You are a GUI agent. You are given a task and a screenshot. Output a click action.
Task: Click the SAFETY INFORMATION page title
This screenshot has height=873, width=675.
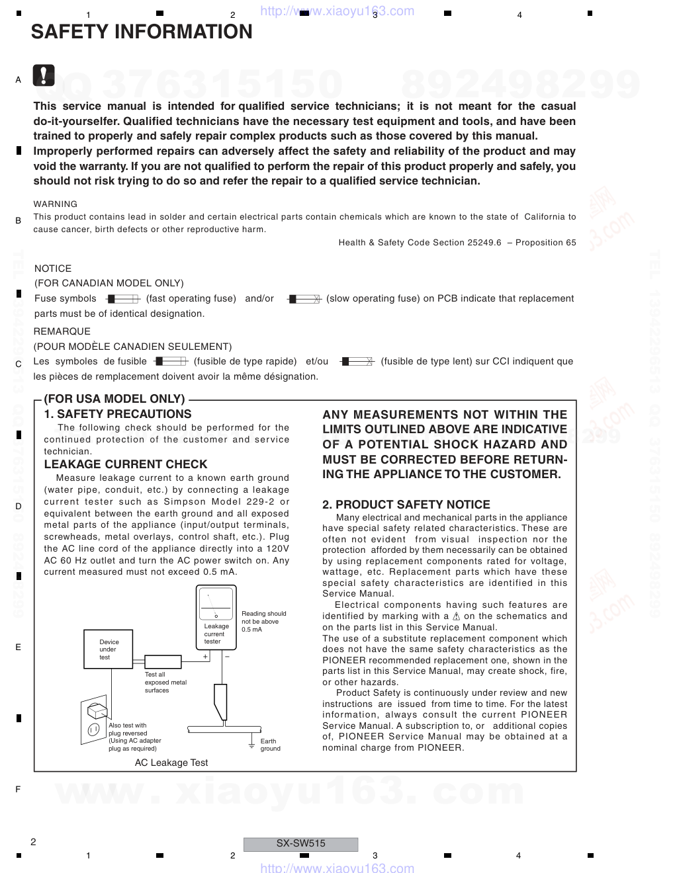coord(142,32)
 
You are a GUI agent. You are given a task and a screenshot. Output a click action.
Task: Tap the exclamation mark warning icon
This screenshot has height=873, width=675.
coord(43,76)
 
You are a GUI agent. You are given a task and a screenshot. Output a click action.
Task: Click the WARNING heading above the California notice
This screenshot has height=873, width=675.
coord(56,204)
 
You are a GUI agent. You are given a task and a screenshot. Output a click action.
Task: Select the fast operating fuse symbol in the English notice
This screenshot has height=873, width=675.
coord(122,299)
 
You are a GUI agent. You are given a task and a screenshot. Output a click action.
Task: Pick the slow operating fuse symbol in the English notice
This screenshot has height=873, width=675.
coord(304,299)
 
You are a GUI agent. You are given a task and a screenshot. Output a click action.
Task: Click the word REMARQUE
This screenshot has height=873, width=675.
coord(62,331)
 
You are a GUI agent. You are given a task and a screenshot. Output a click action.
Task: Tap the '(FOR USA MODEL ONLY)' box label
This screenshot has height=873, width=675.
coord(114,399)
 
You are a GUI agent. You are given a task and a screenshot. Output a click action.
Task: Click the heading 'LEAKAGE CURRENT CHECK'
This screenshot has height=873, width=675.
coord(126,464)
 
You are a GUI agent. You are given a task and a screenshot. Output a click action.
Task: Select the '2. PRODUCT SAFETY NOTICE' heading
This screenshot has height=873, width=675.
coord(406,505)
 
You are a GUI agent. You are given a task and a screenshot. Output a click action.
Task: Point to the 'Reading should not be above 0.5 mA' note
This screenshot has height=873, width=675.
coord(263,622)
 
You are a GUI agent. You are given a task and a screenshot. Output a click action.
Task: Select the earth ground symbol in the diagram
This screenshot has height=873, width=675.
coord(251,745)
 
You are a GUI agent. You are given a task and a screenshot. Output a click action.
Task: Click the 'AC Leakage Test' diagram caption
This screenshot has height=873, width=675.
coord(171,763)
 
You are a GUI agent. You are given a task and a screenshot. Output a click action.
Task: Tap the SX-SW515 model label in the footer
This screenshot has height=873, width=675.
coord(300,844)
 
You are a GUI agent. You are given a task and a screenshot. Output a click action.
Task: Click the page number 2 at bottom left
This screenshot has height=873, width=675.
coord(33,842)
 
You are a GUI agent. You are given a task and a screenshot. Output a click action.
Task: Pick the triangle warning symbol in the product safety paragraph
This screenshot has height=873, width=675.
coord(456,616)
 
